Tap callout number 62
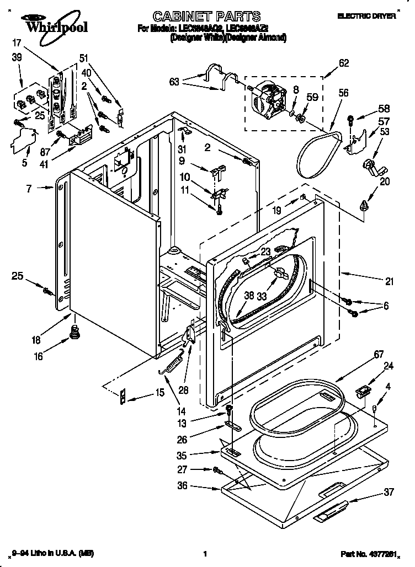pos(343,63)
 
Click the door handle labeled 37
pos(331,510)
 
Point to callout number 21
pos(390,282)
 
